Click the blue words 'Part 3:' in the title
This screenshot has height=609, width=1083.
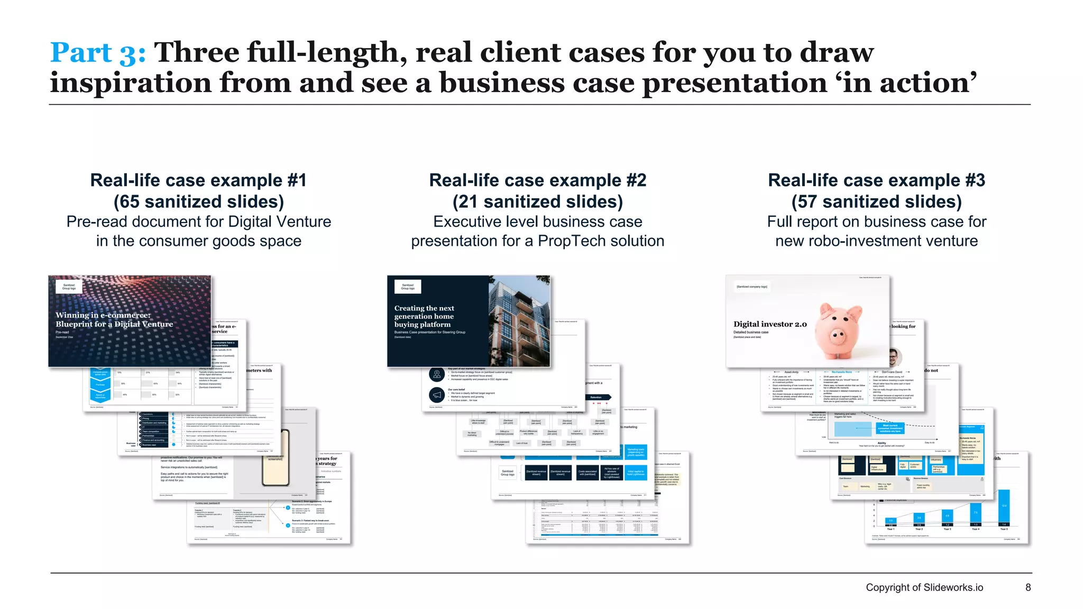click(x=97, y=53)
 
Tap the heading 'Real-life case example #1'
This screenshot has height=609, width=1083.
click(x=198, y=180)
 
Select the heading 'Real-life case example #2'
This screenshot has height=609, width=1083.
click(x=537, y=180)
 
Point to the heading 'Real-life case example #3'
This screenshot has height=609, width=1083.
click(x=876, y=180)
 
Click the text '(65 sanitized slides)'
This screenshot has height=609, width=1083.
click(x=198, y=201)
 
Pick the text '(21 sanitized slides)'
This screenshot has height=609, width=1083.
click(x=537, y=201)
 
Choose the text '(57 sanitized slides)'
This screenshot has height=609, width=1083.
click(x=876, y=201)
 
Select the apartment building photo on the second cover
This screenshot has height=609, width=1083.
click(x=519, y=321)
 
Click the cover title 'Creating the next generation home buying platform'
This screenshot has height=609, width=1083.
click(x=424, y=316)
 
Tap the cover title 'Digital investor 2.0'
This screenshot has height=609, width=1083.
click(x=770, y=324)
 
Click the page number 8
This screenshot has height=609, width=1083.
click(x=1028, y=587)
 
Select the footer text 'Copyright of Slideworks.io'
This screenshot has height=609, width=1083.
click(x=924, y=587)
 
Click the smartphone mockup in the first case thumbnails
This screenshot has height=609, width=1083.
click(x=276, y=458)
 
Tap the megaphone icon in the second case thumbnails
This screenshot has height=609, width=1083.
click(x=437, y=395)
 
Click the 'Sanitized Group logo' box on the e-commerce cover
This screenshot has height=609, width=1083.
click(x=69, y=287)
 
